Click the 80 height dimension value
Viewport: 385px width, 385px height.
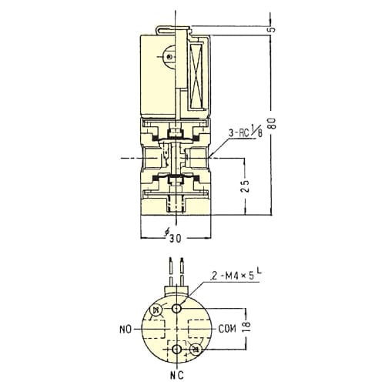click(x=273, y=123)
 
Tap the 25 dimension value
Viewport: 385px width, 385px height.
click(x=246, y=186)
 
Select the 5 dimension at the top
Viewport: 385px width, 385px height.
click(x=273, y=29)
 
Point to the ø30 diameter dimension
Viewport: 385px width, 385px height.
click(x=173, y=237)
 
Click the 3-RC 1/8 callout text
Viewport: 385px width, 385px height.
click(x=246, y=132)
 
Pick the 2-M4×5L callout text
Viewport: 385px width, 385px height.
click(x=236, y=275)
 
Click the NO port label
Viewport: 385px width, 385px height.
click(x=126, y=330)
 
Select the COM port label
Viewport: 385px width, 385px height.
click(x=227, y=329)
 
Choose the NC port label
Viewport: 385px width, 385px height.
click(x=177, y=376)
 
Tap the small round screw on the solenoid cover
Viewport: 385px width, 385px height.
click(x=169, y=57)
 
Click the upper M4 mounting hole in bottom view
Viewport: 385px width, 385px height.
click(x=177, y=308)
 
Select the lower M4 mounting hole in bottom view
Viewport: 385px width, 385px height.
click(x=177, y=349)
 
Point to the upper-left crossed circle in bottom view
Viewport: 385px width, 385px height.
click(x=156, y=310)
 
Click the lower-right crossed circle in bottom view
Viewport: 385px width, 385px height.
click(x=196, y=350)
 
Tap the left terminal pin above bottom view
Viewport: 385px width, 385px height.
click(x=171, y=273)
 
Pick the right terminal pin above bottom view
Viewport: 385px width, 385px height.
click(x=182, y=273)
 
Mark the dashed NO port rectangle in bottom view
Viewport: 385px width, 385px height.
click(x=155, y=329)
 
